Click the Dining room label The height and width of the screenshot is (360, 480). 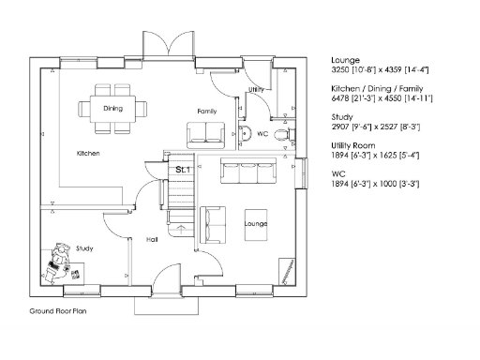point(112,108)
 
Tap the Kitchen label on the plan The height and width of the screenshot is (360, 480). point(89,153)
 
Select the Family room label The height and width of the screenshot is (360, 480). point(207,112)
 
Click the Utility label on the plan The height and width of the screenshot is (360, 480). point(257,90)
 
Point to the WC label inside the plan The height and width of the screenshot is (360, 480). point(263,135)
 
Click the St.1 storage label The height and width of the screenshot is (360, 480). point(183,170)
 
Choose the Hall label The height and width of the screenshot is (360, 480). point(151,240)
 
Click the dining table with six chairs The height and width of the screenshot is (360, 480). point(113,108)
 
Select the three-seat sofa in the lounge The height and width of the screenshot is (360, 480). point(247,172)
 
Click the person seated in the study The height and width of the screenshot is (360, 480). point(59,260)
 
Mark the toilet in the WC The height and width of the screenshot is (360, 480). point(285,133)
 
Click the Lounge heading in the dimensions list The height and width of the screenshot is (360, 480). point(346,60)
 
